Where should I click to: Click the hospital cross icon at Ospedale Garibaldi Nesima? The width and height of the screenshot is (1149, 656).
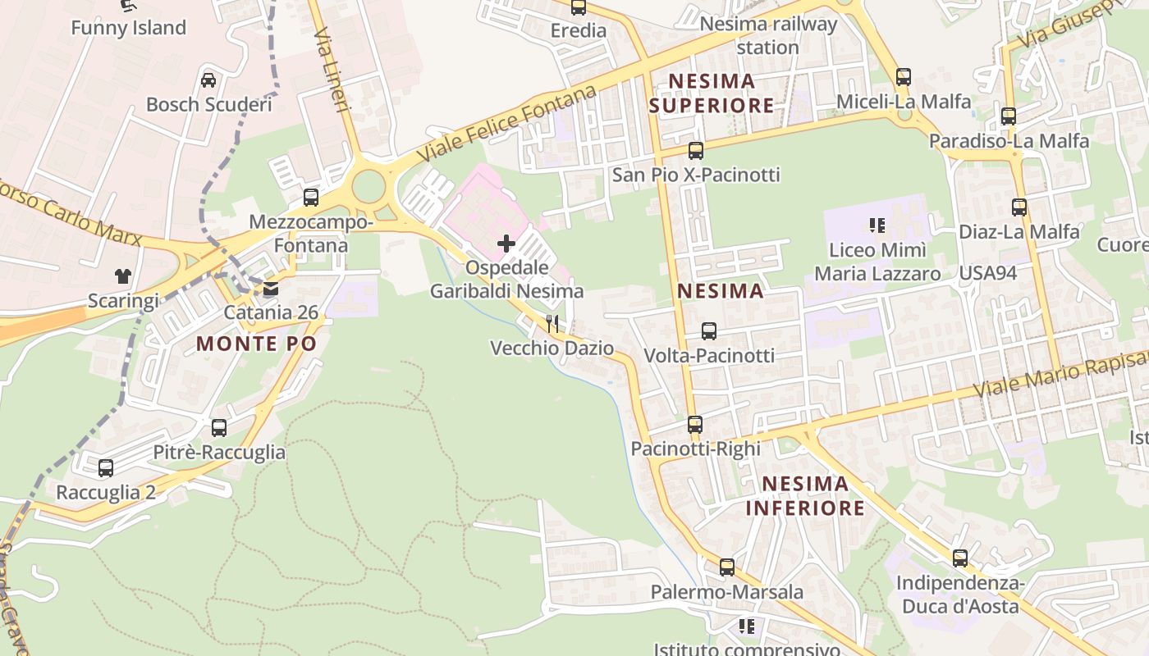(x=506, y=244)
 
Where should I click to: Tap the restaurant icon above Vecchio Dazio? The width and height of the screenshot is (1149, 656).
(x=552, y=324)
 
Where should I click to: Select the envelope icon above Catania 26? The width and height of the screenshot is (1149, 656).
(x=271, y=289)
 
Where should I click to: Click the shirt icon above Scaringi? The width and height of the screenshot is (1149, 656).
(x=122, y=276)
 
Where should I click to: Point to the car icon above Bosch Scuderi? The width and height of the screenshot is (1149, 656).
(x=208, y=80)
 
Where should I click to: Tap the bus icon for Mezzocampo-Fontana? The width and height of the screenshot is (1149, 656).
(x=310, y=198)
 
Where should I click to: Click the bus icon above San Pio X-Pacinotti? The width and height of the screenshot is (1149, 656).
(x=695, y=151)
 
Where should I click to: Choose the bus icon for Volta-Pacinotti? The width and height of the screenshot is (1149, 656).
(x=708, y=331)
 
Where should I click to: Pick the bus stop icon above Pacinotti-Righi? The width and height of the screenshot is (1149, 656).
(x=694, y=425)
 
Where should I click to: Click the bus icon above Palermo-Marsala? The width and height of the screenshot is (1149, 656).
(x=726, y=567)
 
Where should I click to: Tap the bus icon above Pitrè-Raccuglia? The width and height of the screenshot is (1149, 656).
(x=218, y=428)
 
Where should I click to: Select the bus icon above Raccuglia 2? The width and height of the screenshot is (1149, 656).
(x=106, y=468)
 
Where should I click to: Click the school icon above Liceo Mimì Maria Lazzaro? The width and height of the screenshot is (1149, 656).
(x=877, y=225)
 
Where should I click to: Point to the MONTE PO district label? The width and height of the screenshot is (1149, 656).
(x=256, y=344)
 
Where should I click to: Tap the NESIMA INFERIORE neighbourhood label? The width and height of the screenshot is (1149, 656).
(x=805, y=495)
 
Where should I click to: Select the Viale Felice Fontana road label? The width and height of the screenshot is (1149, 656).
(x=506, y=123)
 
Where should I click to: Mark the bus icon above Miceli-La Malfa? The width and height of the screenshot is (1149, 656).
(x=903, y=77)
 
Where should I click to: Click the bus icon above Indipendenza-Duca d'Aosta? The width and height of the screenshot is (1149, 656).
(x=959, y=558)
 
